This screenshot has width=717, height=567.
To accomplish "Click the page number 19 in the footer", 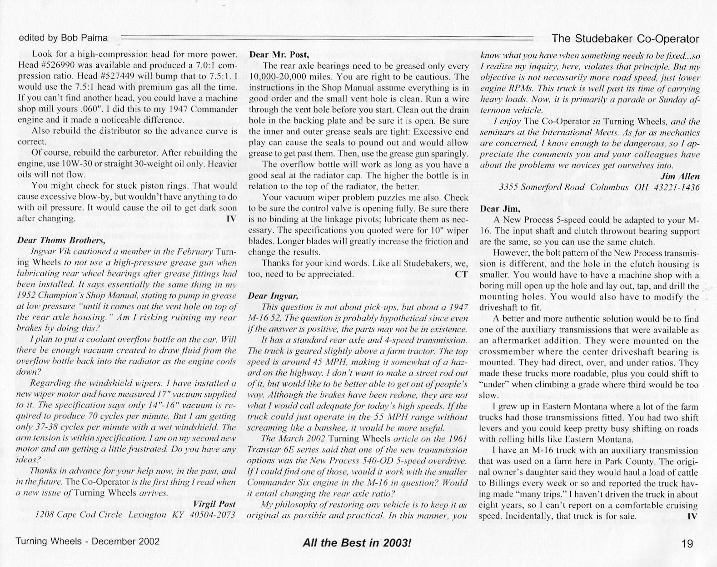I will pos(687,543).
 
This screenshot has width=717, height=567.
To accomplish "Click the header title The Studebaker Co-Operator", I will pos(625,39).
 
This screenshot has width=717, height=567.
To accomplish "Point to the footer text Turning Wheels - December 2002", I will pos(87,542).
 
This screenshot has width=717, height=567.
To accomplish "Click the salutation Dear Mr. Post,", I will pos(279,55).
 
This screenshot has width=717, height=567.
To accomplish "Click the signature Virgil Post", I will pos(214,504).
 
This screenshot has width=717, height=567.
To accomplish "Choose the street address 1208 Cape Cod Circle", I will pos(79,515).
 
